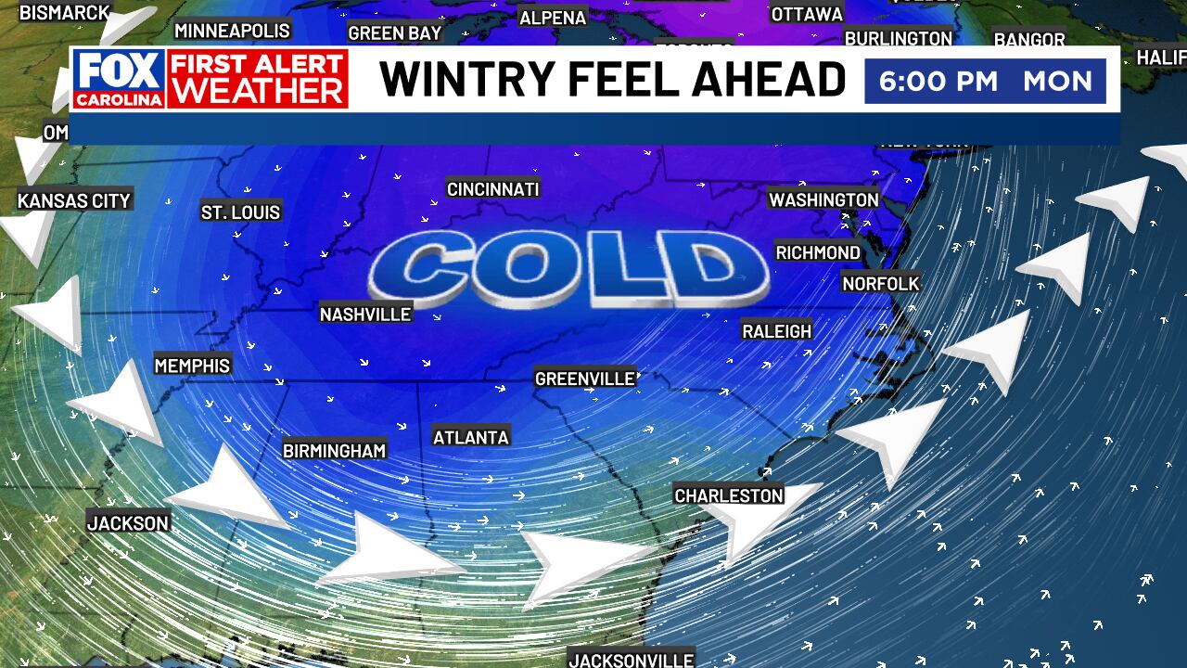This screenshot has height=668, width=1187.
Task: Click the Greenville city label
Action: pyautogui.click(x=585, y=379)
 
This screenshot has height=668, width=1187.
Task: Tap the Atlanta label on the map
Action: pyautogui.click(x=471, y=437)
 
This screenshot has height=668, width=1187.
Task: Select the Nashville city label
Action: pyautogui.click(x=365, y=315)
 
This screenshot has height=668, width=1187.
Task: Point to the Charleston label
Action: pyautogui.click(x=729, y=495)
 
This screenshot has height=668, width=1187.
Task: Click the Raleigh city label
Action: pyautogui.click(x=777, y=331)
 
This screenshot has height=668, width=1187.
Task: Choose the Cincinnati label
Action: pyautogui.click(x=492, y=189)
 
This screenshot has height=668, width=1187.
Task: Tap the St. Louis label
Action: pyautogui.click(x=240, y=212)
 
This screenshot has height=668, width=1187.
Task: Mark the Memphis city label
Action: pyautogui.click(x=192, y=366)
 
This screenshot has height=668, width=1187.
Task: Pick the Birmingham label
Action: pyautogui.click(x=334, y=451)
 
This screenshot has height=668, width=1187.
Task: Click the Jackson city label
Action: pyautogui.click(x=128, y=523)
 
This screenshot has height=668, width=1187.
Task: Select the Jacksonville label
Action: pyautogui.click(x=631, y=660)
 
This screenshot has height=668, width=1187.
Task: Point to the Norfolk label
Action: pyautogui.click(x=881, y=283)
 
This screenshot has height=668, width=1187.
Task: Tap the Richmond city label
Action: pyautogui.click(x=818, y=252)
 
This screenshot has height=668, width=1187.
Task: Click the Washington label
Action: pyautogui.click(x=823, y=199)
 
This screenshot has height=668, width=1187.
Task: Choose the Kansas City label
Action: pyautogui.click(x=74, y=200)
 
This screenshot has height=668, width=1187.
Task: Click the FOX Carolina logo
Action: pyautogui.click(x=120, y=79)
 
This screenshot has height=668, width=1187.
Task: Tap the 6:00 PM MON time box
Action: pyautogui.click(x=985, y=81)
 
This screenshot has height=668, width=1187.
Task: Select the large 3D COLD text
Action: pyautogui.click(x=568, y=269)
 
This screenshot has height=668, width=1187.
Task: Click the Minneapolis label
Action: pyautogui.click(x=232, y=31)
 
